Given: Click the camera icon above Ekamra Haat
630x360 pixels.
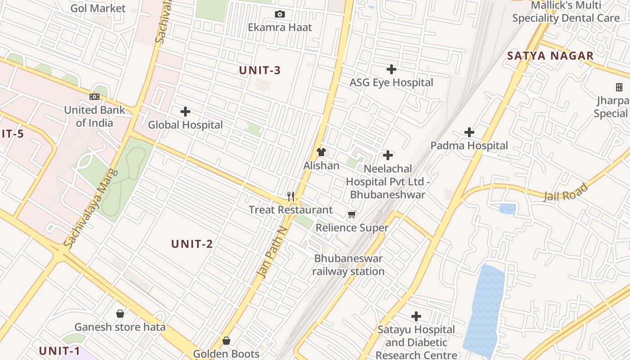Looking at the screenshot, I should coord(280,14).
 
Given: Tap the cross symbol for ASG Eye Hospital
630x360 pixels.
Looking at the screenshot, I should coord(391,69).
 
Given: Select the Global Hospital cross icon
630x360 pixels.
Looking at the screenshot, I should coord(185,112).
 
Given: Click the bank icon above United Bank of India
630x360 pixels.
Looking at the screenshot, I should coord(94,97).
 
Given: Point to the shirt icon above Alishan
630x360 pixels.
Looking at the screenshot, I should coord(321,152).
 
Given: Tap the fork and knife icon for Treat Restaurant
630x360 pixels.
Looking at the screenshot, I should coord(291,197).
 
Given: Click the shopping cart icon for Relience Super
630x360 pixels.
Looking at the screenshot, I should coord(351,215).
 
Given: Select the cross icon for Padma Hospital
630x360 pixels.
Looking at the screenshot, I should coord(469,132).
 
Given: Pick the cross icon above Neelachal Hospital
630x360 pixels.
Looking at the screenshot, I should coord(387,155).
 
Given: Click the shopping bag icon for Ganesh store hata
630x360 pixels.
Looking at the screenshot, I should coord(120,314).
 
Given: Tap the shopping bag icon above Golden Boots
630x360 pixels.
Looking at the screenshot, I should coord(226,341).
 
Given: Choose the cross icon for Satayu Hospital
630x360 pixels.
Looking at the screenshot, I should coord(416,316).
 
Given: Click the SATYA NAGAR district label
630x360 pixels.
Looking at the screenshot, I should coord(550,56).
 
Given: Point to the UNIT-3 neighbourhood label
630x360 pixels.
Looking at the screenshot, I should coord(260,70).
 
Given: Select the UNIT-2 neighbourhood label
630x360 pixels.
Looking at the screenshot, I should coord(192,244).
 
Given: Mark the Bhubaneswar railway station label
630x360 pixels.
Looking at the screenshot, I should coord(348,265).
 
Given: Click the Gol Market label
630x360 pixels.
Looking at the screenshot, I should coord(98,8).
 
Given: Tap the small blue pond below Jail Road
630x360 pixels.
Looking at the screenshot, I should coord(508,209).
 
